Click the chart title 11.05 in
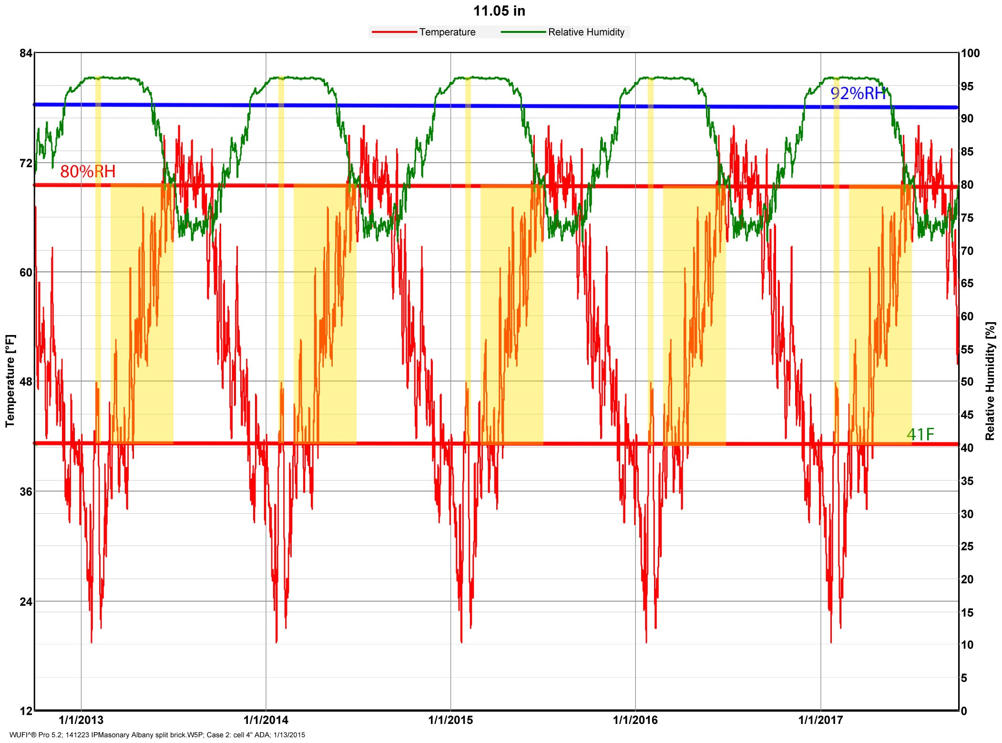(499, 11)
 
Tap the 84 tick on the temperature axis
(26, 53)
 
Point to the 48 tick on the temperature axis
(26, 382)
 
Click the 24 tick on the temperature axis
(26, 601)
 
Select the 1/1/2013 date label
(81, 720)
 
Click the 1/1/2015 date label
(450, 720)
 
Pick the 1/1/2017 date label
(820, 720)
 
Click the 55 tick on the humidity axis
(967, 349)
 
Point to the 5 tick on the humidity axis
(964, 678)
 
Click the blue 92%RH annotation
(858, 93)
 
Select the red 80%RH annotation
(88, 172)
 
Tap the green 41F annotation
(920, 435)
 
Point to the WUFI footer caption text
(157, 735)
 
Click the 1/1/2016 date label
(635, 720)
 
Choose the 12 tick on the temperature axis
(26, 711)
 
